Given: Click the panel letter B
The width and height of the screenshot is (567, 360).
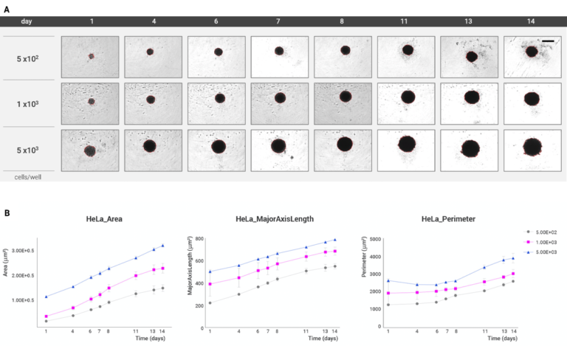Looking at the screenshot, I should (6, 212).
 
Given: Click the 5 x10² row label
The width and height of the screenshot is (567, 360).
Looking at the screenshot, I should (29, 58).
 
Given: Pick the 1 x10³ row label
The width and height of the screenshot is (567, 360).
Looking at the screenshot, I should (29, 103).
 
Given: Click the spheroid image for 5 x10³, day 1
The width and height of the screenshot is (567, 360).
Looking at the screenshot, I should (90, 150).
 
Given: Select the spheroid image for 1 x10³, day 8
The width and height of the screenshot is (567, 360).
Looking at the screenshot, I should (343, 103).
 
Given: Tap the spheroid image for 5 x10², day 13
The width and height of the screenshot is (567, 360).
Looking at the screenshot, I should (470, 57).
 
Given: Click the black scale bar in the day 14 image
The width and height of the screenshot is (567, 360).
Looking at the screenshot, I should (549, 41).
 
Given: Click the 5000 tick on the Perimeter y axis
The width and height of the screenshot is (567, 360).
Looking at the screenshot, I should (374, 239).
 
